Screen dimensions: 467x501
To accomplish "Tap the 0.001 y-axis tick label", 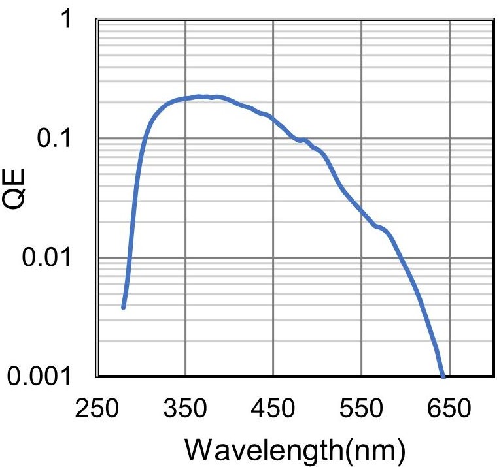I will coord(46,377).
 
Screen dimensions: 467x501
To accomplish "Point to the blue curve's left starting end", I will coord(123,306).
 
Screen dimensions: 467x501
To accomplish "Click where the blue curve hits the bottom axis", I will coord(443,376).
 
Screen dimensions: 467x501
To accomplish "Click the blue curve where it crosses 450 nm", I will coord(273,119).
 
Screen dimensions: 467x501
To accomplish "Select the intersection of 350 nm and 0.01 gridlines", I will coord(186,257).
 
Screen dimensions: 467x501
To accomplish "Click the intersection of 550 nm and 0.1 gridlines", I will coord(361,138).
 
